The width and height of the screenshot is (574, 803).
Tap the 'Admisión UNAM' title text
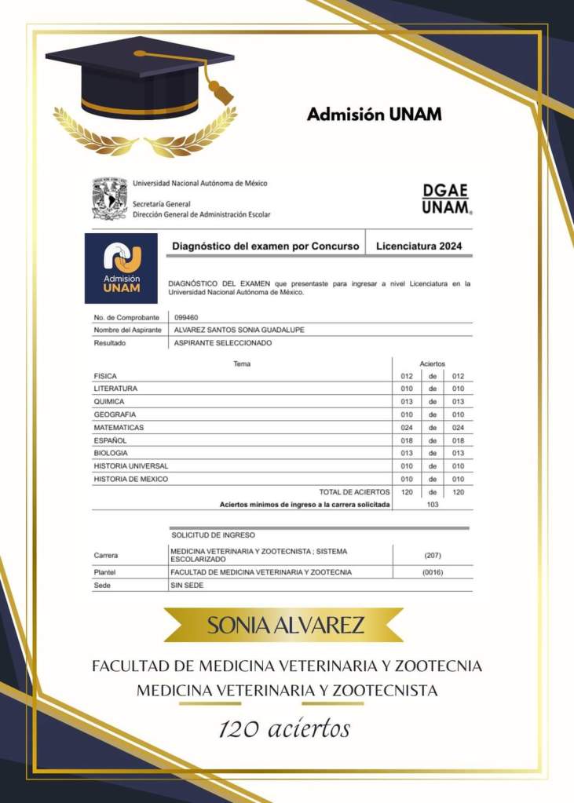click(x=374, y=115)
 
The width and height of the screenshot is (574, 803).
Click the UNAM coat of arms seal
click(x=109, y=199)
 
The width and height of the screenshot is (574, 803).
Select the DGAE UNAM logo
click(x=446, y=199)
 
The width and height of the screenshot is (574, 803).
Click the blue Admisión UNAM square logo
click(x=121, y=268)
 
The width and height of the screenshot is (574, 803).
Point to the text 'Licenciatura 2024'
click(x=419, y=246)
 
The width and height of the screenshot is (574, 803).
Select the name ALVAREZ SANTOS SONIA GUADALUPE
click(x=239, y=330)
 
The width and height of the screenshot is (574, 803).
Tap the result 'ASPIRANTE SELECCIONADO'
click(x=223, y=343)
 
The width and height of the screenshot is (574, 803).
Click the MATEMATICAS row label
click(x=119, y=427)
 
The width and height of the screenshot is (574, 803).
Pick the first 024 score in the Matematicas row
click(x=406, y=428)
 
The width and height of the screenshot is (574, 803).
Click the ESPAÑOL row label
click(x=110, y=440)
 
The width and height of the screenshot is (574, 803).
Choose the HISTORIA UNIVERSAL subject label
click(x=130, y=465)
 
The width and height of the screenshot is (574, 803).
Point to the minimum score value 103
click(x=432, y=504)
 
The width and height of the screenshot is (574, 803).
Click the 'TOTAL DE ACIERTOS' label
click(x=354, y=491)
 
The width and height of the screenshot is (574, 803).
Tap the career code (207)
click(x=432, y=555)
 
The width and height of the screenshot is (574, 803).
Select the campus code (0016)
click(x=432, y=572)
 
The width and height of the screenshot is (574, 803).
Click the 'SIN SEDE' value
click(x=187, y=586)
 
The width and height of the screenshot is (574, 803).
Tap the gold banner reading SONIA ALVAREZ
click(x=285, y=626)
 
